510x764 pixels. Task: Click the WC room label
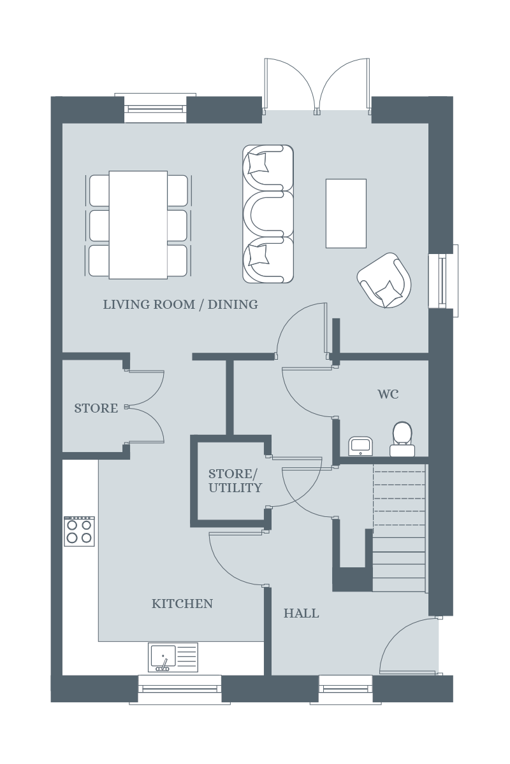388,394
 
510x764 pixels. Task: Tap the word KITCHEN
182,604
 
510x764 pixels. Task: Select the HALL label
302,614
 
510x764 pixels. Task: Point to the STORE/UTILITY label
235,481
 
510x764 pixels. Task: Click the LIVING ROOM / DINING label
180,304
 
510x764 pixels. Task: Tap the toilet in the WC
402,439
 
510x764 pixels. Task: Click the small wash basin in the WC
361,446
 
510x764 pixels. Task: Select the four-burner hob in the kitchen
79,531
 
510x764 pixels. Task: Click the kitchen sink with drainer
173,657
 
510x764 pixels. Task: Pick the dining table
138,225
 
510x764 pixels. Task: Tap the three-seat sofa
268,214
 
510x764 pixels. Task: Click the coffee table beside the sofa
346,213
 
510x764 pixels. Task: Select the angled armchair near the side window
384,280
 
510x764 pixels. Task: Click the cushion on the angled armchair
387,293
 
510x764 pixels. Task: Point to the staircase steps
399,528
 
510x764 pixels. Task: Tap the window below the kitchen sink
180,688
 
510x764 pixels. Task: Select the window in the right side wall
444,281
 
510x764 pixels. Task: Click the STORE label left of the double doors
96,408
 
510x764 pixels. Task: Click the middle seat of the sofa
268,214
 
